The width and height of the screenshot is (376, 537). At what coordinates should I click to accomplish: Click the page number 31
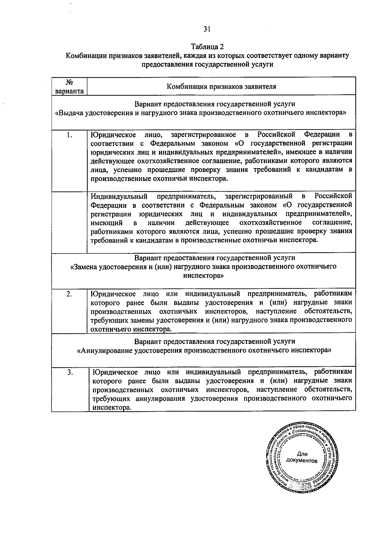207,29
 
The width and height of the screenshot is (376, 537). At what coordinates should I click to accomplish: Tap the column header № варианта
69,86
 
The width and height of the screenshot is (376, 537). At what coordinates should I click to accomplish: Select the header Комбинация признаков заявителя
221,87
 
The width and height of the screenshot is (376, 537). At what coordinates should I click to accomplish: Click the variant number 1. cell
69,135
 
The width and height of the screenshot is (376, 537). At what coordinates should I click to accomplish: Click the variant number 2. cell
69,294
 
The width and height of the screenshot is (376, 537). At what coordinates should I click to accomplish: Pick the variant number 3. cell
70,372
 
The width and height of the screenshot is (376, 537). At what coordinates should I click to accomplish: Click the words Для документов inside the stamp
302,457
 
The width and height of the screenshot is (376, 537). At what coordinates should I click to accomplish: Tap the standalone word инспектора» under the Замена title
203,276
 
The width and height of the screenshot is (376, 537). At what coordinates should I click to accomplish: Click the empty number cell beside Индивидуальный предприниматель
69,221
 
